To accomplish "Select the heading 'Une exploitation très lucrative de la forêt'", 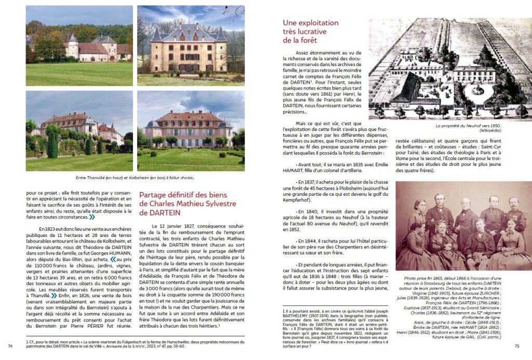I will [311, 31].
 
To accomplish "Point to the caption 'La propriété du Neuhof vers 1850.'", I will [450, 125].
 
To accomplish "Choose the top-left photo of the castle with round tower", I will [79, 46].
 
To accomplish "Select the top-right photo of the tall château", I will [191, 46].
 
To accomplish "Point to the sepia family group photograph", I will [463, 226].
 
